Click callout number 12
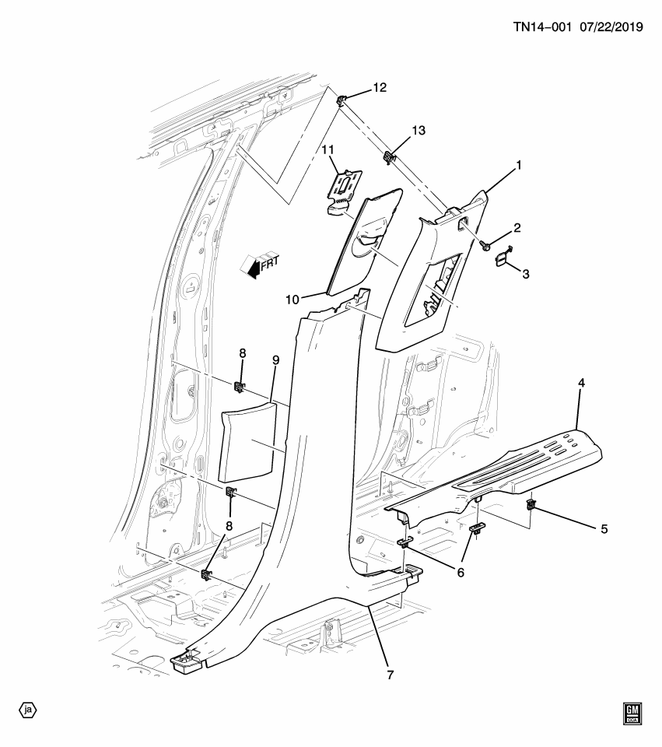pos(379,88)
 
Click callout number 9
pos(275,360)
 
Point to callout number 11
pos(327,149)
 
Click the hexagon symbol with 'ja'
pos(28,710)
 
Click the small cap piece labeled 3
pos(502,256)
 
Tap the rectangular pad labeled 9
pos(248,440)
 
